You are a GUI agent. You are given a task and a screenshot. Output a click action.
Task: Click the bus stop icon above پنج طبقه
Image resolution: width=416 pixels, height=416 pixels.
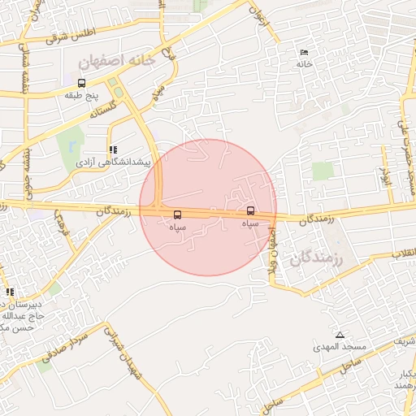(80, 83)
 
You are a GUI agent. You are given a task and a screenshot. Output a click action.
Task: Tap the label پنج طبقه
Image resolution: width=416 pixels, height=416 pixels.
(81, 95)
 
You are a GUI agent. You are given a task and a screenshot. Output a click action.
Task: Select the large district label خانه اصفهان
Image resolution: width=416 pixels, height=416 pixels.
(115, 61)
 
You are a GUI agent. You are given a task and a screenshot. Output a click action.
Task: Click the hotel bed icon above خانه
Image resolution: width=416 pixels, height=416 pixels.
(304, 53)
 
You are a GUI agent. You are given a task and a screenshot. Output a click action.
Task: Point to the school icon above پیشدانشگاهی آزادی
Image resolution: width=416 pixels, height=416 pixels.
(112, 149)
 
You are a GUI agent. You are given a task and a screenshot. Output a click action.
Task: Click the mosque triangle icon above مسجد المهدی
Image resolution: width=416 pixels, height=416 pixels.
(340, 335)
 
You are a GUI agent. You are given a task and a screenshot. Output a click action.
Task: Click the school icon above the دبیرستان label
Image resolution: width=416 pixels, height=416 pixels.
(10, 292)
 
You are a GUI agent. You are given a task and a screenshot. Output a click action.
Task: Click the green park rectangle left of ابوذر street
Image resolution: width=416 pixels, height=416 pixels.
(323, 171)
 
